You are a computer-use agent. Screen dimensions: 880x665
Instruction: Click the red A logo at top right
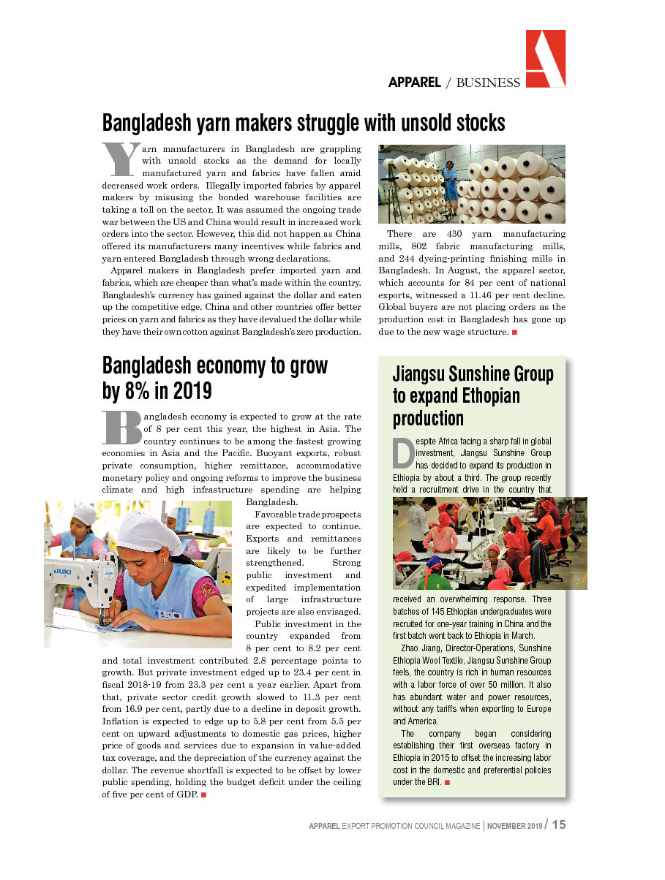point(545,58)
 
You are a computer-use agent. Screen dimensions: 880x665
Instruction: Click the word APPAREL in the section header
point(414,83)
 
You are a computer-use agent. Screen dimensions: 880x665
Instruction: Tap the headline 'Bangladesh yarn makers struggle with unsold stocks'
point(304,122)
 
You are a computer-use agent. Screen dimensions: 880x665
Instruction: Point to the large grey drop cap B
point(121,428)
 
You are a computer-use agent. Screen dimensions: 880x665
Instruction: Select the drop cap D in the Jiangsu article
point(403,453)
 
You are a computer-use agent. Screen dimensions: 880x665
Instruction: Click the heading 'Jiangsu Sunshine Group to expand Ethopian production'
point(473,396)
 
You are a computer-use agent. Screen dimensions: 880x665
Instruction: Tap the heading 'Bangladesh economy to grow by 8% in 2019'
point(215,378)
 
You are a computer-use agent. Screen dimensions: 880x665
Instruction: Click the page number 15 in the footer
point(559,825)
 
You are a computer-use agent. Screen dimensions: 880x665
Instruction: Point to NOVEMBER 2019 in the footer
point(515,826)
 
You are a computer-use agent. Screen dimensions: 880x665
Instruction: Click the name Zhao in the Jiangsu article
point(412,648)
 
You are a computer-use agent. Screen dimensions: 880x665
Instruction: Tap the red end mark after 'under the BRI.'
point(447,783)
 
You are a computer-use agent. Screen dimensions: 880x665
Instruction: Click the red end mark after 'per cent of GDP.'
point(203,794)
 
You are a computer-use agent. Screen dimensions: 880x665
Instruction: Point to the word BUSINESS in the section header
point(488,83)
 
